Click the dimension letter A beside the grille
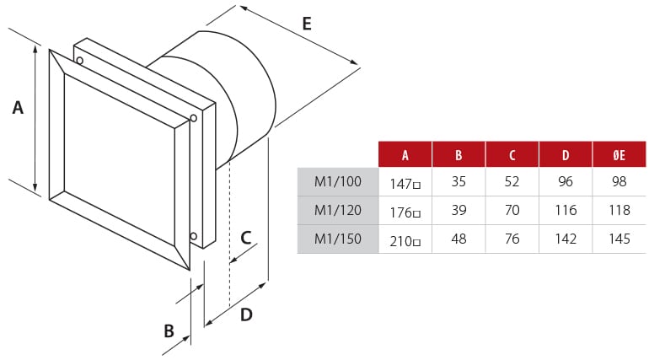(18, 108)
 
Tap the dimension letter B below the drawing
(169, 331)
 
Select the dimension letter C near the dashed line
(245, 237)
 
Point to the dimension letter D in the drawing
(246, 314)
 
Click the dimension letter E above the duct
(306, 24)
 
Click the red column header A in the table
(405, 154)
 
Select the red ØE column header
(619, 154)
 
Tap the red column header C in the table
(512, 154)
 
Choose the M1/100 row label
(337, 181)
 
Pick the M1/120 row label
(337, 210)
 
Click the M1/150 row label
(337, 239)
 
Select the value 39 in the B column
(459, 210)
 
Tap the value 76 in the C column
(512, 239)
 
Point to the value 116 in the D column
(566, 210)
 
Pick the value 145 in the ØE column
(619, 239)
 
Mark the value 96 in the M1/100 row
(566, 181)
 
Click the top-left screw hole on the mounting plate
(79, 60)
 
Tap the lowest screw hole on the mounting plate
(194, 236)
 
